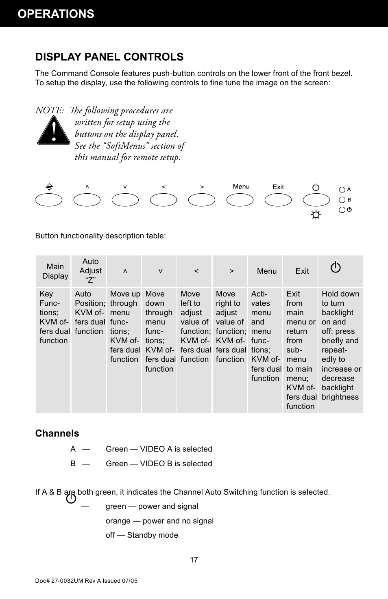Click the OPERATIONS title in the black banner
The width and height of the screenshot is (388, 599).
pyautogui.click(x=56, y=14)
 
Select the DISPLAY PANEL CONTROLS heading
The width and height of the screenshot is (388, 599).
pyautogui.click(x=109, y=57)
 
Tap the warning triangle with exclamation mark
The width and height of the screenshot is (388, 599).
pyautogui.click(x=53, y=131)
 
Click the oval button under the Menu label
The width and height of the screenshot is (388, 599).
pyautogui.click(x=240, y=200)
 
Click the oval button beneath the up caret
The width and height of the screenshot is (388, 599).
pyautogui.click(x=87, y=200)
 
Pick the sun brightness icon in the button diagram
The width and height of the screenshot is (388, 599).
pyautogui.click(x=316, y=215)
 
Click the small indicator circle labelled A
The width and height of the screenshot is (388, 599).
pyautogui.click(x=342, y=190)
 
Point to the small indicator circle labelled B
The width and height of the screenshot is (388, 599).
pyautogui.click(x=342, y=200)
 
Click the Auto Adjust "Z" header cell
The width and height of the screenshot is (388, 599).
pyautogui.click(x=90, y=271)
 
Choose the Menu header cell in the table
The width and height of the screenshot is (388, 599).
pyautogui.click(x=267, y=271)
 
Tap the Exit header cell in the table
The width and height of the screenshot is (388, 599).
pyautogui.click(x=302, y=271)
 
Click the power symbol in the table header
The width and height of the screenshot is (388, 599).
pyautogui.click(x=336, y=268)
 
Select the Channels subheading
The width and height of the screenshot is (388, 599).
pyautogui.click(x=57, y=433)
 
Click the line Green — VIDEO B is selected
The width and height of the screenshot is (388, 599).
pyautogui.click(x=159, y=464)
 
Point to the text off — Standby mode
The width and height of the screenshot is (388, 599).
pyautogui.click(x=142, y=535)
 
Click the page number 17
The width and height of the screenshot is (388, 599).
pyautogui.click(x=194, y=560)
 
